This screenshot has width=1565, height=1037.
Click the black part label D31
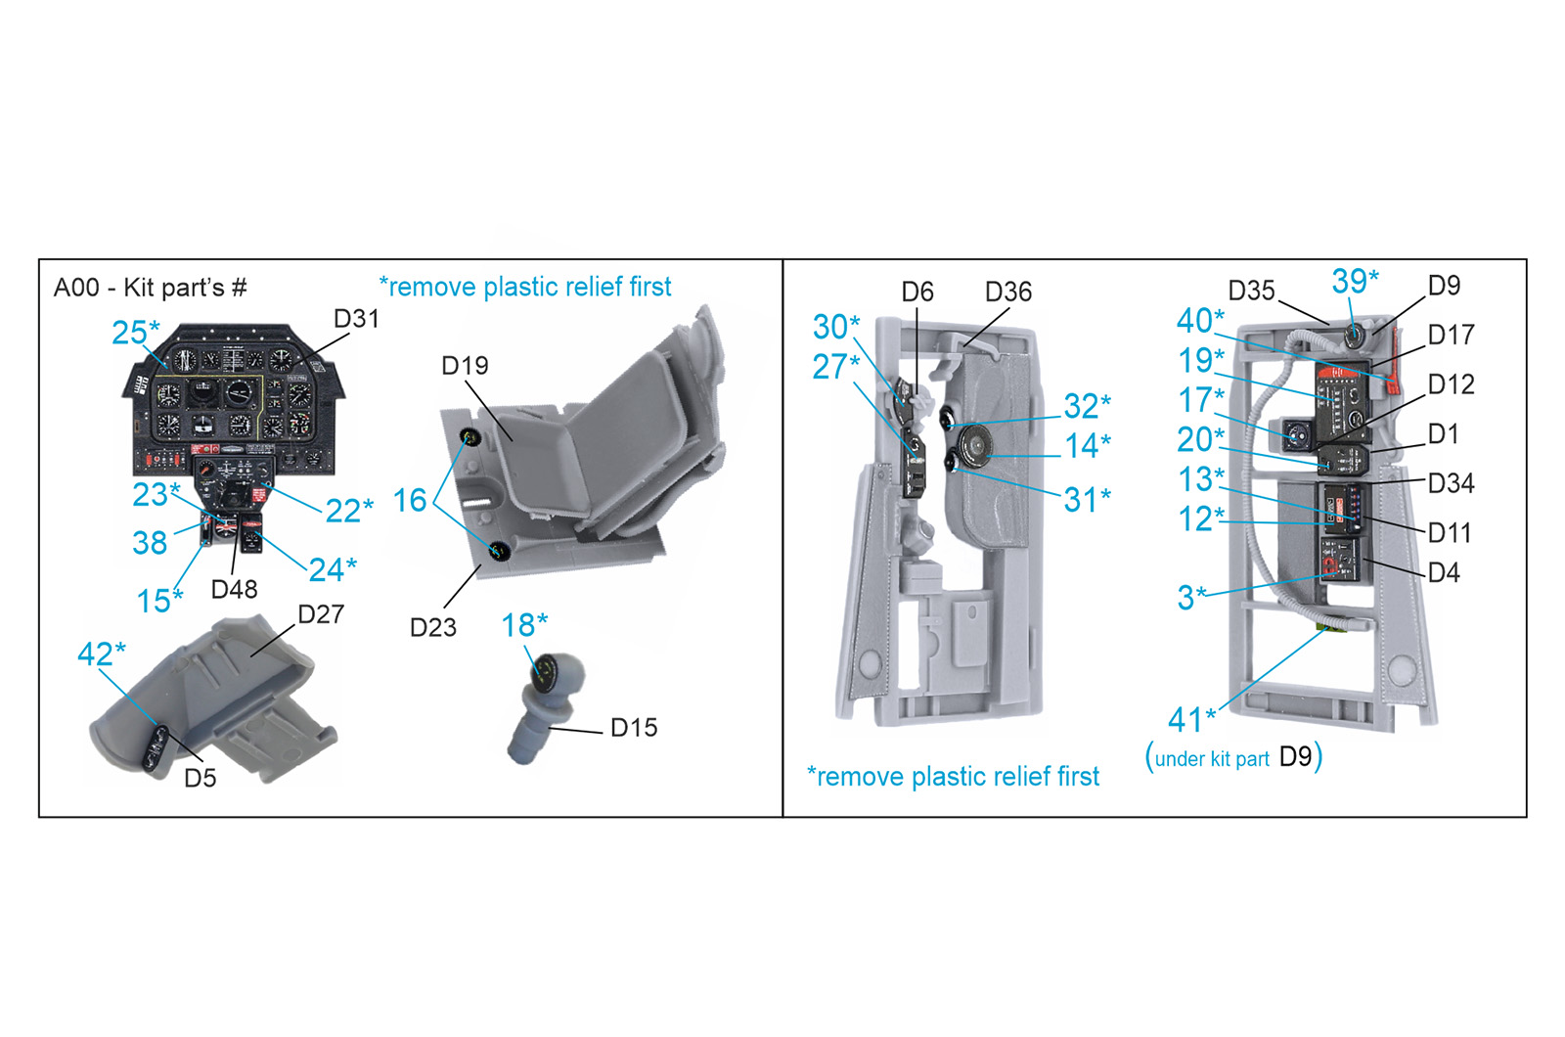356,319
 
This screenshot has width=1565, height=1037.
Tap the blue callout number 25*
136,332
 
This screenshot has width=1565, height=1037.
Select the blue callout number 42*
102,654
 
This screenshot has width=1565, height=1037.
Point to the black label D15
634,728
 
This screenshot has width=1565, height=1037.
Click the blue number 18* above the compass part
524,625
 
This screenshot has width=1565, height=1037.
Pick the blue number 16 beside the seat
410,500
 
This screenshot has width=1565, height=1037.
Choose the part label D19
466,366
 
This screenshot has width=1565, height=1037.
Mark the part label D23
433,627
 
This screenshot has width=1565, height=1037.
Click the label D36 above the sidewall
1008,293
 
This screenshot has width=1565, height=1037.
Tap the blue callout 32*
1087,406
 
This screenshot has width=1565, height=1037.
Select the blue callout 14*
1087,446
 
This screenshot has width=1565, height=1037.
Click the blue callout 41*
1192,720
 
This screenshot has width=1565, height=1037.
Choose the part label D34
1452,483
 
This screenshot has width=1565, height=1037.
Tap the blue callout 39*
1355,281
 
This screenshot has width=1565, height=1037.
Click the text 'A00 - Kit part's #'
151,288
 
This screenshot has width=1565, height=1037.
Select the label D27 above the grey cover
321,614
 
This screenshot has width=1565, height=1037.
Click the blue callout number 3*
1192,598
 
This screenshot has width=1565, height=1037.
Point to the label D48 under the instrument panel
234,590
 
